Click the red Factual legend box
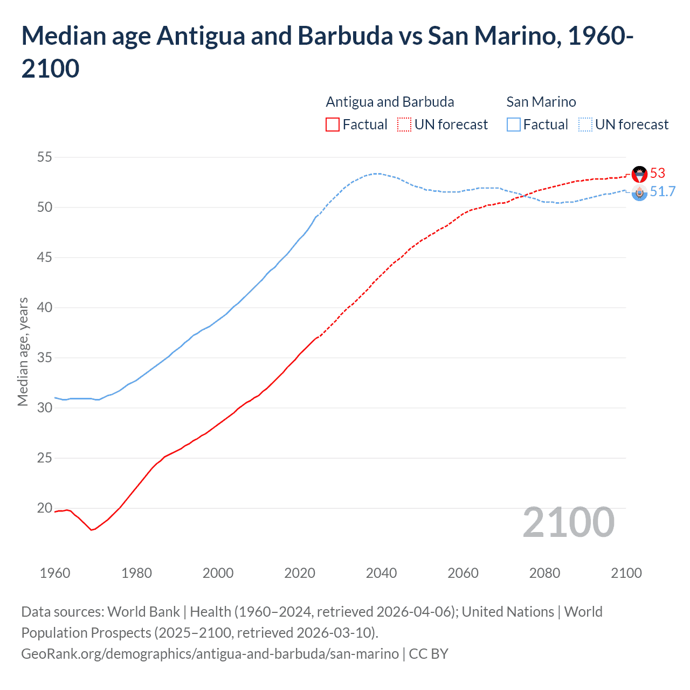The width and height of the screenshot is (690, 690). (333, 125)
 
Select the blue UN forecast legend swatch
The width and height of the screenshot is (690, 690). (585, 125)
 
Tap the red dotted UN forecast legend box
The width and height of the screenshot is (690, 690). (404, 125)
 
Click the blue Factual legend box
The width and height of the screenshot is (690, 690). (514, 125)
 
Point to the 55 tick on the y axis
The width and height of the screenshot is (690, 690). (44, 157)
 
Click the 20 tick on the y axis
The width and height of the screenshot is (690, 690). (44, 508)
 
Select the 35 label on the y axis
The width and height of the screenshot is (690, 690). (44, 358)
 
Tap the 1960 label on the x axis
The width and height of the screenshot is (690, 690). (55, 573)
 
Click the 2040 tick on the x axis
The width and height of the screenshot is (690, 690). (381, 573)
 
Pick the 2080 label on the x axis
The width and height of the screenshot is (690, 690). (544, 573)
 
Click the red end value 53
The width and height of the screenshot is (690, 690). (658, 173)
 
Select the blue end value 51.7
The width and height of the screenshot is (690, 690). (663, 192)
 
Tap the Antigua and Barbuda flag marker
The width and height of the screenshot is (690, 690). (639, 174)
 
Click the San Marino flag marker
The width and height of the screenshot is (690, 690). (639, 193)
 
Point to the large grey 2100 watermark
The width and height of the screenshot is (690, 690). (568, 522)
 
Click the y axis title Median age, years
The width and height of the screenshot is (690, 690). (23, 351)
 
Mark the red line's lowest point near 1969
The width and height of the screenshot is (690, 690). (92, 530)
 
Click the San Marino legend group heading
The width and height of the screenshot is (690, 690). (541, 102)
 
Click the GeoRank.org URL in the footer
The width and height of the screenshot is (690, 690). (210, 654)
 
